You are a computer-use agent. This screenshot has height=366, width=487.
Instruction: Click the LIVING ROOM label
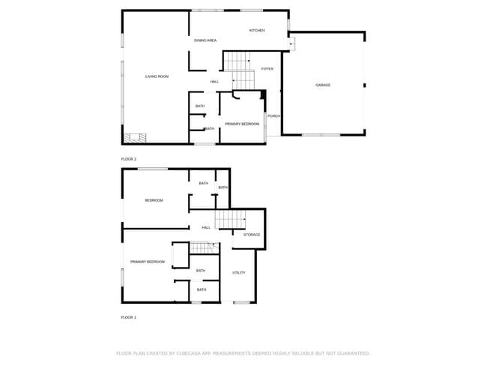point(157,76)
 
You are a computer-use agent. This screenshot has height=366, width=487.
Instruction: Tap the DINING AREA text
point(205,40)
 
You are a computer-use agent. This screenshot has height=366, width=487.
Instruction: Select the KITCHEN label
point(257,30)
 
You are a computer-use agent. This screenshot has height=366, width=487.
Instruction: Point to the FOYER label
point(267,69)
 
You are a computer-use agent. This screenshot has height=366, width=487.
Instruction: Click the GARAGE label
point(323,85)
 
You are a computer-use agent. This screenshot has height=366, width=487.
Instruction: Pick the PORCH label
point(273,115)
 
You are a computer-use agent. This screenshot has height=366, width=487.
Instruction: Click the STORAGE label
point(252,235)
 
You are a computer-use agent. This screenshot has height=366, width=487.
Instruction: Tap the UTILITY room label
point(239,272)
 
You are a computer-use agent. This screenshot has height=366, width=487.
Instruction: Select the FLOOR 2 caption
point(129,159)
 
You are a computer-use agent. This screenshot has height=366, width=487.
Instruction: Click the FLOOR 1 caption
point(129,317)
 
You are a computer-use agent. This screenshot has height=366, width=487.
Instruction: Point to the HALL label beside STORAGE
point(206,227)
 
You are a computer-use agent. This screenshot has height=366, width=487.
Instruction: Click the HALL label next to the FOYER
point(214,81)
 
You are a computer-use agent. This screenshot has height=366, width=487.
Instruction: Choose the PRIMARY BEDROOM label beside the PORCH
point(242,122)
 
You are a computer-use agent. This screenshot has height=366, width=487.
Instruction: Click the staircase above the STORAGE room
point(230,219)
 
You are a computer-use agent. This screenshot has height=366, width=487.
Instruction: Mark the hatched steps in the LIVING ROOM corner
point(136,137)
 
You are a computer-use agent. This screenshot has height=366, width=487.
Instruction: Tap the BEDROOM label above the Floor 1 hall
point(154,200)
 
